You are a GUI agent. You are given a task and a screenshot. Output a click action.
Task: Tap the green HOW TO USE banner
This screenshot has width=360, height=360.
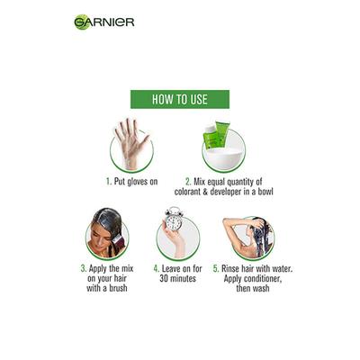pyautogui.click(x=180, y=99)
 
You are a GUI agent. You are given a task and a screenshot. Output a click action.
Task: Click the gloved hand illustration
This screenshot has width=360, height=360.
pyautogui.click(x=130, y=143)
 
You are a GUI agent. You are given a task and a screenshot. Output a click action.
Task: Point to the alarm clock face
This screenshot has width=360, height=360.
pyautogui.click(x=174, y=222)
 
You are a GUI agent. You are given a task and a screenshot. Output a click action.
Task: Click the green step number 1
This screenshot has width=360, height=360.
pyautogui.click(x=109, y=182)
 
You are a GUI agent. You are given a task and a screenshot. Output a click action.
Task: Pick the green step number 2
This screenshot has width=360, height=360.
pyautogui.click(x=188, y=182)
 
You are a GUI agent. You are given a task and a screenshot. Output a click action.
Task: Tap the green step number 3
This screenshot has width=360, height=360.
pyautogui.click(x=83, y=268)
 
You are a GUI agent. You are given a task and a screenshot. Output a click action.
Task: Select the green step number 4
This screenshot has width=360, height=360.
pyautogui.click(x=156, y=268)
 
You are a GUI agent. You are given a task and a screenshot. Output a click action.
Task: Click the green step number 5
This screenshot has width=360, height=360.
pyautogui.click(x=216, y=268)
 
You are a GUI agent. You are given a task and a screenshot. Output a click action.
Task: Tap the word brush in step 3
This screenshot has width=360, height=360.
pyautogui.click(x=118, y=288)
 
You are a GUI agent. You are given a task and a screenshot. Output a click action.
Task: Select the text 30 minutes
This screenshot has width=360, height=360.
pyautogui.click(x=177, y=278)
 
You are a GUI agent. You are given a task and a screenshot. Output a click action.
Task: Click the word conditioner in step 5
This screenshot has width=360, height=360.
pyautogui.click(x=262, y=278)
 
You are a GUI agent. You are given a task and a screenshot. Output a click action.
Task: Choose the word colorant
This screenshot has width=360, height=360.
pyautogui.click(x=187, y=192)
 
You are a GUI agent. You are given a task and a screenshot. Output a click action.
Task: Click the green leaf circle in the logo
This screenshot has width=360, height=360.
pyautogui.click(x=82, y=22)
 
